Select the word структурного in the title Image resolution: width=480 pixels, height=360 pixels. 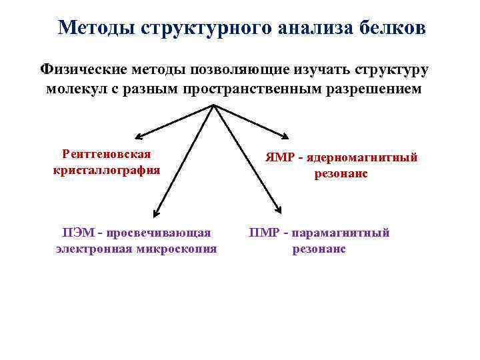[x=197, y=27]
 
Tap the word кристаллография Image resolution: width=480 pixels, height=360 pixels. [x=107, y=170]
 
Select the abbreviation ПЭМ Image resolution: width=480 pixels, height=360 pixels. [x=77, y=233]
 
